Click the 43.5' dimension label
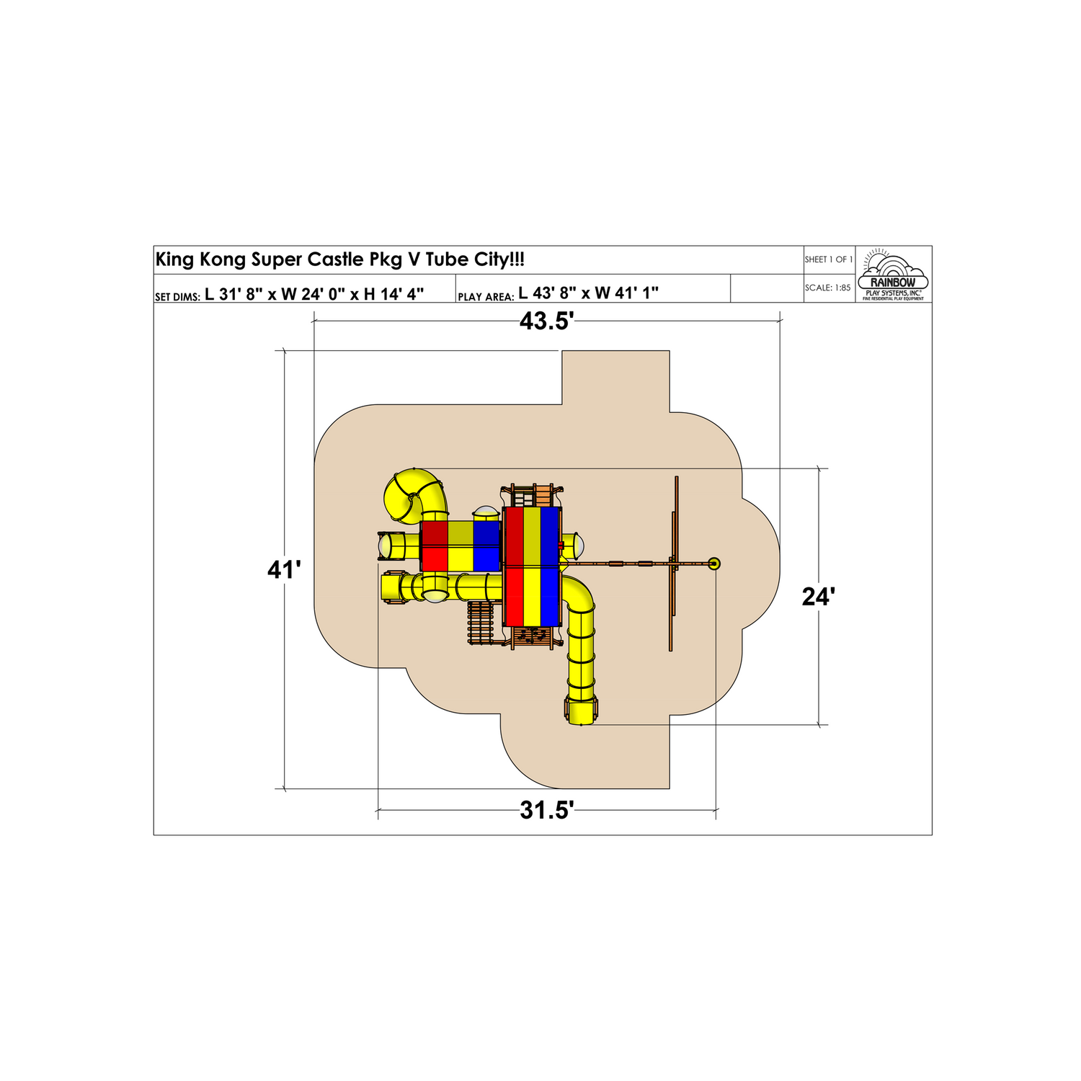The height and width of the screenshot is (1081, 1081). pos(546,321)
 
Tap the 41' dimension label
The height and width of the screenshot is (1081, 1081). pos(284,570)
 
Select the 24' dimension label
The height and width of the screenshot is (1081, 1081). pos(819,597)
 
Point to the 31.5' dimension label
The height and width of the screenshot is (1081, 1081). pos(546,811)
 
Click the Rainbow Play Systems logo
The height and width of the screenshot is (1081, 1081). pos(893,275)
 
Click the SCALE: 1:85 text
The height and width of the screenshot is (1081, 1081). pos(827,288)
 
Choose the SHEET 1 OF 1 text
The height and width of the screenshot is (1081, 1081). pos(829,259)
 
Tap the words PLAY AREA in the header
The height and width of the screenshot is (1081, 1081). pos(486,297)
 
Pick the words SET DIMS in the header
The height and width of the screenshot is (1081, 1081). pos(177,297)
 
